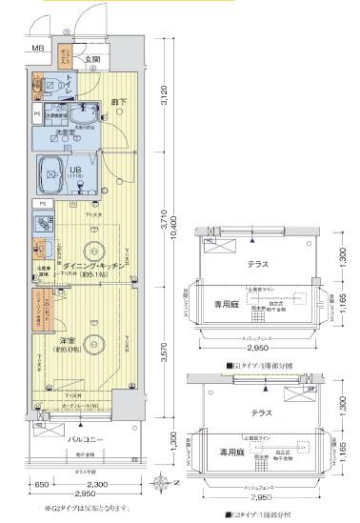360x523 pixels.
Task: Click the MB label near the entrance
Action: [37, 49]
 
